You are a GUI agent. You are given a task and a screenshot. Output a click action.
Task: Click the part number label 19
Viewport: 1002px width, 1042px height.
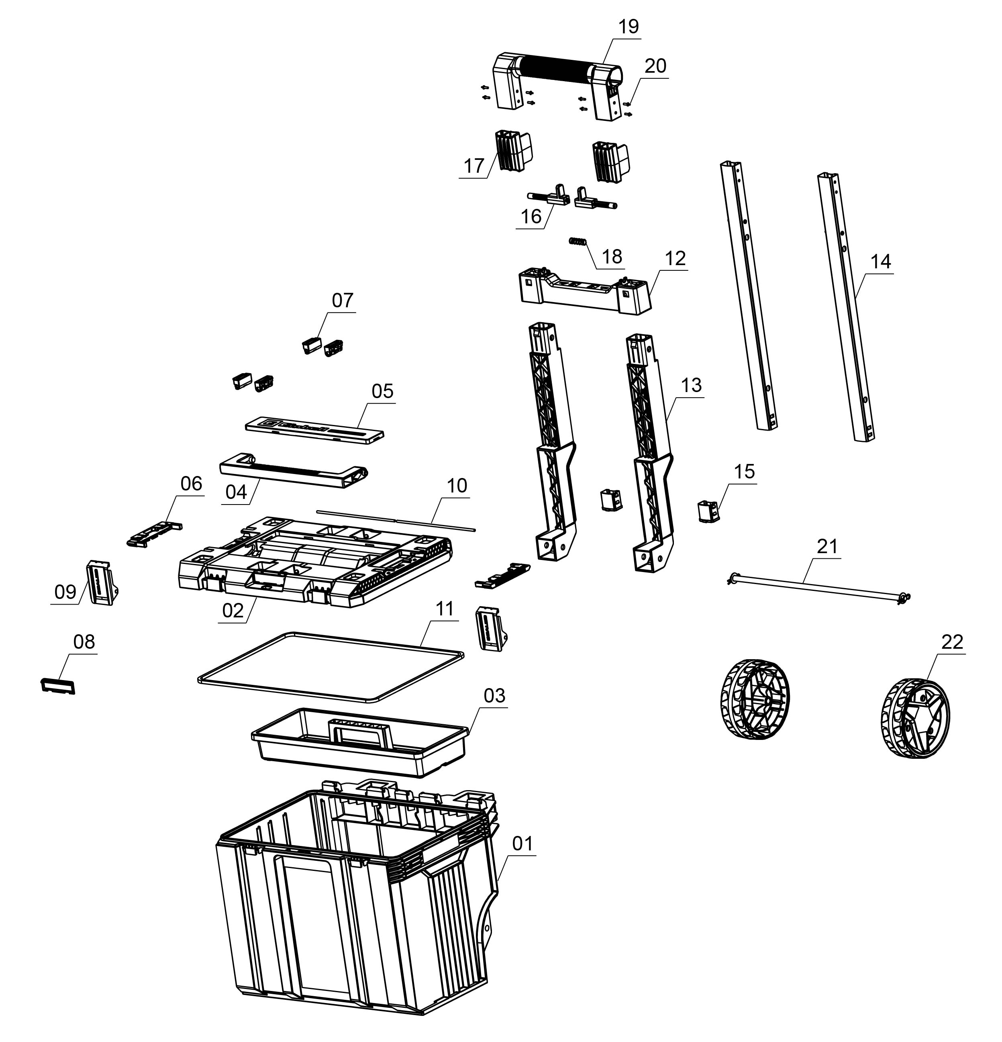coord(629,27)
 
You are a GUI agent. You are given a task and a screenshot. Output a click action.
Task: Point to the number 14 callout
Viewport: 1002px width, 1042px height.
coord(880,262)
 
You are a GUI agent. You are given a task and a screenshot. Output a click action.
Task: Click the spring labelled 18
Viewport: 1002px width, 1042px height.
coord(577,241)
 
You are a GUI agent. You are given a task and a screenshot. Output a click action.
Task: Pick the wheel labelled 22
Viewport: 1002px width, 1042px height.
coord(914,718)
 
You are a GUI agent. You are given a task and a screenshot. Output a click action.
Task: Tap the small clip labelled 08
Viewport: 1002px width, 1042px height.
coord(58,686)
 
